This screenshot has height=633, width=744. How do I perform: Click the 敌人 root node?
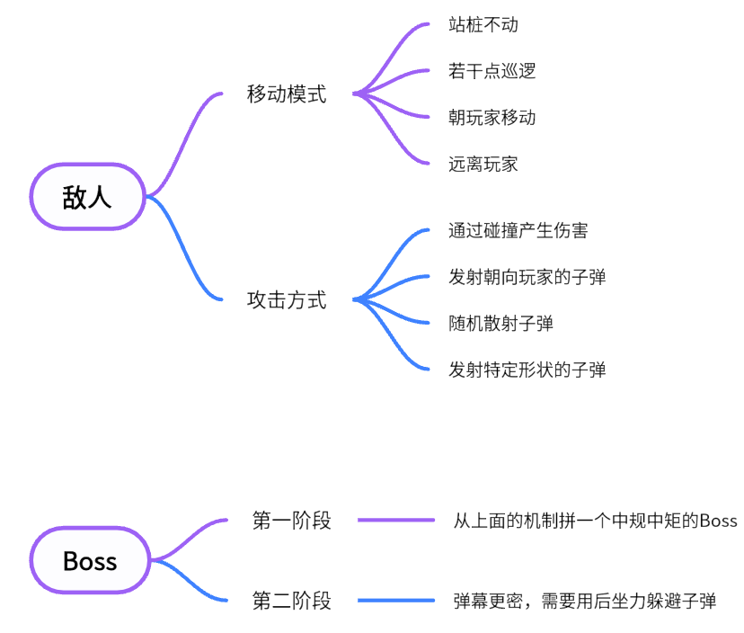click(x=88, y=197)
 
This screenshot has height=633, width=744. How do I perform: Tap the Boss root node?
click(x=90, y=561)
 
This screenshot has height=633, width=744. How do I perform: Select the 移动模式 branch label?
click(x=287, y=94)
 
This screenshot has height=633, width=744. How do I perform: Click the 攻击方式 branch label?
click(x=287, y=300)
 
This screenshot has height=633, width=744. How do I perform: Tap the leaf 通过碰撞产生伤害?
click(x=518, y=230)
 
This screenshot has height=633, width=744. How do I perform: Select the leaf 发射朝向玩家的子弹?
click(x=527, y=277)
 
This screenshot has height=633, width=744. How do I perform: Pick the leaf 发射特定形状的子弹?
click(x=527, y=370)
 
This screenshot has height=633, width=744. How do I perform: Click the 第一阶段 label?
click(x=292, y=520)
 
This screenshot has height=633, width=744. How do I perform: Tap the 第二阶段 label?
click(x=292, y=601)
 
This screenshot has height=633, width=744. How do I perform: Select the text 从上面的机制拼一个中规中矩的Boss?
click(x=595, y=521)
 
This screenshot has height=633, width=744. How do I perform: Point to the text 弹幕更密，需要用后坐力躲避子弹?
click(x=585, y=602)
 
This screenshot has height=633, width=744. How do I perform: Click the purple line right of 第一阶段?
click(x=396, y=520)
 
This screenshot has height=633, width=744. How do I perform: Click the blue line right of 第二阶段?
click(x=396, y=601)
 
